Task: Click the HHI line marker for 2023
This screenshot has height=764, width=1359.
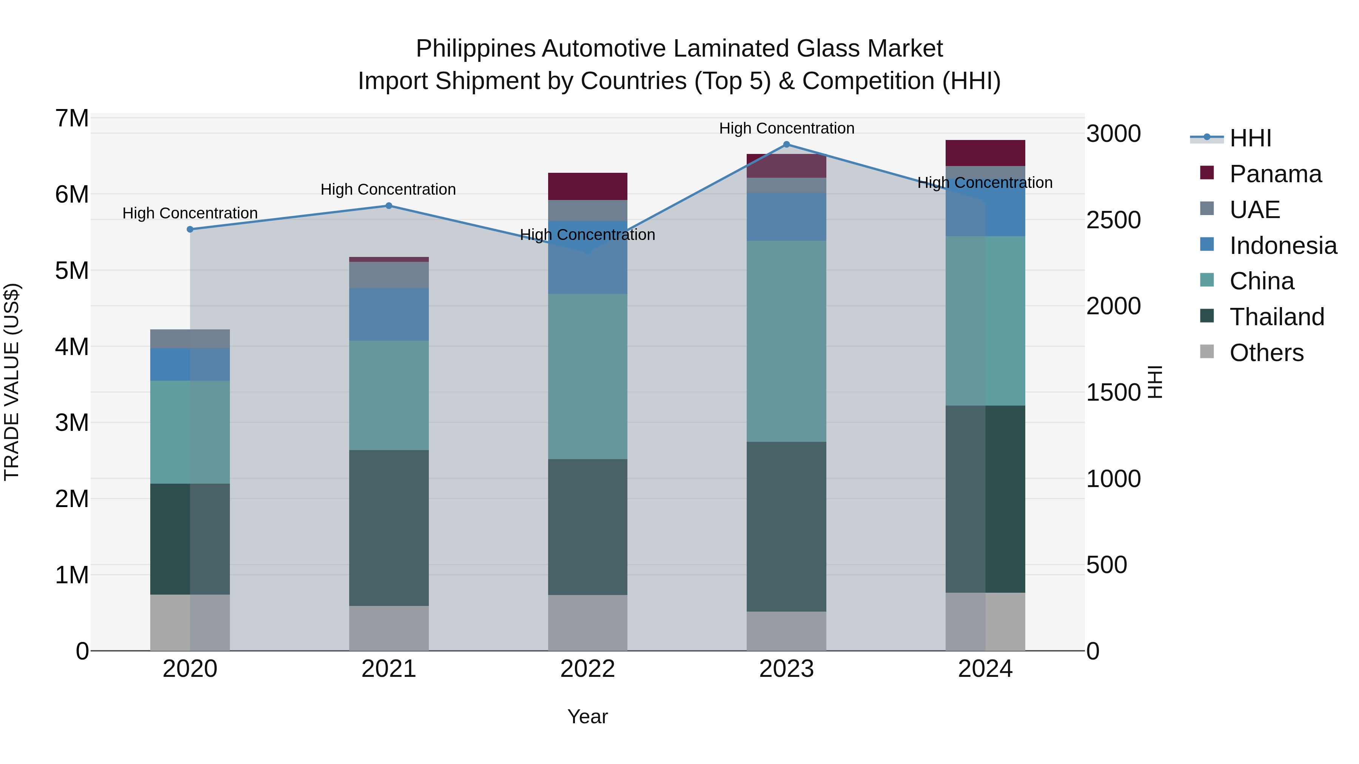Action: point(786,144)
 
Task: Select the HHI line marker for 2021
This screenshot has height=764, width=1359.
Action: point(389,206)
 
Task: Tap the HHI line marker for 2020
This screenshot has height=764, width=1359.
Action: point(190,229)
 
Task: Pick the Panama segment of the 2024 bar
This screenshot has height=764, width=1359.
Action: point(985,153)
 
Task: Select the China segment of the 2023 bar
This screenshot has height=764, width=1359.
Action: point(786,341)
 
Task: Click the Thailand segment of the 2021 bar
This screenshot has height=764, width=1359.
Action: point(389,527)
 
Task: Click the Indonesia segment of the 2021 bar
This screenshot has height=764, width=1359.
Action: point(389,314)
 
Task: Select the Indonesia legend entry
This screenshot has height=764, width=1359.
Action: point(1282,246)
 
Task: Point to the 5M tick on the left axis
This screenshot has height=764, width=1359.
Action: point(72,271)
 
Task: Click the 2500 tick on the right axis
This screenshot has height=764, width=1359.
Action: point(1113,220)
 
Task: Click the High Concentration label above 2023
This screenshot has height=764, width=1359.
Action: point(786,128)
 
